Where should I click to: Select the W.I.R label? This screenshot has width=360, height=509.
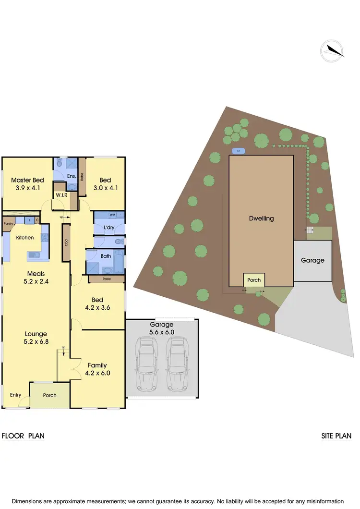(61, 195)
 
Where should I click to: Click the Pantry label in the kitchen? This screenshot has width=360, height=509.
(8, 224)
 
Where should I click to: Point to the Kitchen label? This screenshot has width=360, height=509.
(25, 238)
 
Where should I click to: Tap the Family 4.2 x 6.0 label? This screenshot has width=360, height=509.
(97, 369)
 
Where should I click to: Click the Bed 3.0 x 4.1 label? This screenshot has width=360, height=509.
(106, 184)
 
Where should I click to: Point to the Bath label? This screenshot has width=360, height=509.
(106, 256)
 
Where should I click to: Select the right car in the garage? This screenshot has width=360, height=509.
(176, 364)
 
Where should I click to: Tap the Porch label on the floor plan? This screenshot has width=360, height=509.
(49, 395)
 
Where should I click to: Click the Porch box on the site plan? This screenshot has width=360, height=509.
(253, 280)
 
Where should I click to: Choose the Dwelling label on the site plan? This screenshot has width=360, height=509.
(261, 218)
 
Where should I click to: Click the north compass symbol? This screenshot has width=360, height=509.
(332, 50)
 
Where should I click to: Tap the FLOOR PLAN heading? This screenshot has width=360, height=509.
(23, 436)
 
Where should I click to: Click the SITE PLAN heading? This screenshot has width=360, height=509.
(336, 436)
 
